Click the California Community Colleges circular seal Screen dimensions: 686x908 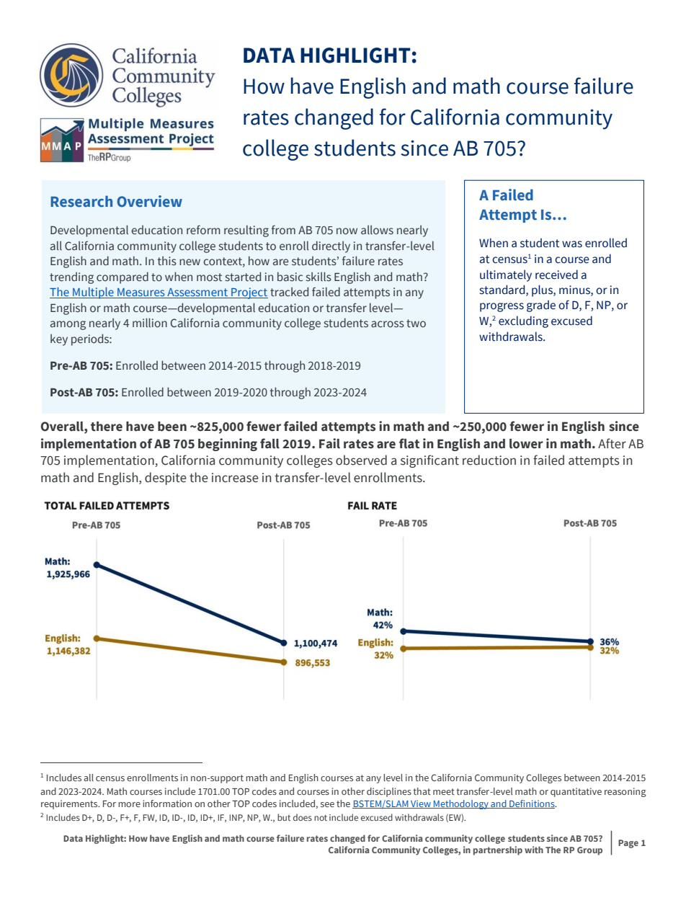(71, 75)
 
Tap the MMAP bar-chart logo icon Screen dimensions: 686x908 (62, 141)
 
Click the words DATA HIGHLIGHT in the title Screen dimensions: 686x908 (329, 55)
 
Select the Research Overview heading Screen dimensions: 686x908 (116, 202)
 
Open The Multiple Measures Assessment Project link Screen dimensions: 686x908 (159, 292)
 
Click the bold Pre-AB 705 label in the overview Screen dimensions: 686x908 (81, 365)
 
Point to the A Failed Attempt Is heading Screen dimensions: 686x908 (522, 205)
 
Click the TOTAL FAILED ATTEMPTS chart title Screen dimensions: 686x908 (107, 505)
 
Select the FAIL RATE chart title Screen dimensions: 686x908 (372, 505)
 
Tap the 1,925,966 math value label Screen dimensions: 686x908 (68, 574)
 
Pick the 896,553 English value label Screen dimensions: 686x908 (312, 663)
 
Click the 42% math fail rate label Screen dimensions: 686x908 (383, 625)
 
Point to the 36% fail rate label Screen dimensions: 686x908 (609, 641)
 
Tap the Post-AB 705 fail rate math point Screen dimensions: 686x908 (590, 641)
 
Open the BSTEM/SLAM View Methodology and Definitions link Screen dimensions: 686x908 (453, 804)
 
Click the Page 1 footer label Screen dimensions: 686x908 (631, 843)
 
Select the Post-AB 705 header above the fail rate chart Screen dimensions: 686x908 (589, 523)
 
